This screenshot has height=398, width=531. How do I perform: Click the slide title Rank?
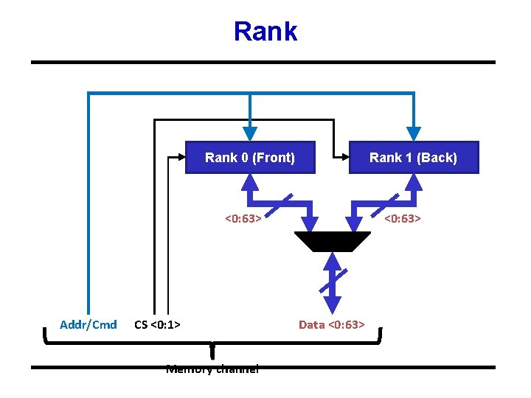[x=265, y=32]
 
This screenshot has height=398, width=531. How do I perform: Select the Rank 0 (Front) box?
[x=250, y=157]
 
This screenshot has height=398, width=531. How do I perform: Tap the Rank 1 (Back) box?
[x=413, y=157]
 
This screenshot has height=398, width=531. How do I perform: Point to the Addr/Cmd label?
[x=88, y=324]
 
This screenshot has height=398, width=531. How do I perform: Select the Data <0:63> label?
[x=331, y=324]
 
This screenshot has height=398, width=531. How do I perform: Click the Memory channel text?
[x=212, y=369]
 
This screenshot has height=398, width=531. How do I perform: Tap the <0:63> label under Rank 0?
[x=243, y=218]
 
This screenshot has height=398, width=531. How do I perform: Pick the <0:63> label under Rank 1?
[x=402, y=218]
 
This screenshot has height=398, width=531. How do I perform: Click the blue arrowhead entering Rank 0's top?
[x=250, y=133]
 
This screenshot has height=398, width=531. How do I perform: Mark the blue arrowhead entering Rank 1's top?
[x=414, y=133]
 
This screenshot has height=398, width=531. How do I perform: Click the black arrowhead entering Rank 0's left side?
[x=178, y=157]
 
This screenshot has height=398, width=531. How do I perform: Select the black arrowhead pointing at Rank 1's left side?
[x=342, y=157]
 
